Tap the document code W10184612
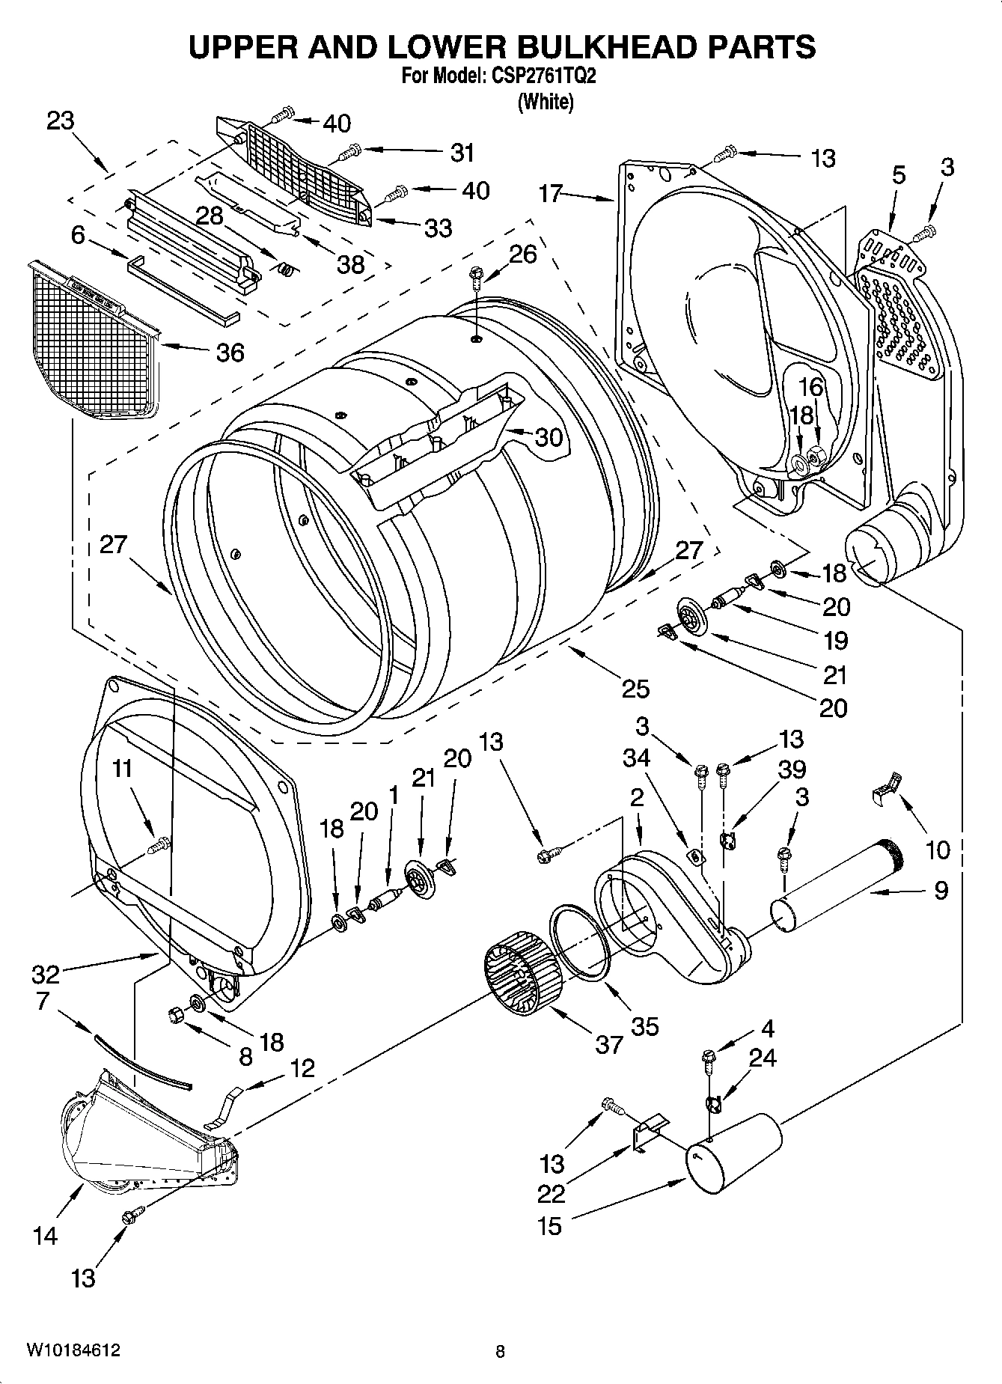click(73, 1350)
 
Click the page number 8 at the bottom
click(500, 1351)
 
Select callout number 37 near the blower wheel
click(609, 1043)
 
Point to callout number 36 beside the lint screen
click(230, 352)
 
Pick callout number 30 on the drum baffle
click(549, 437)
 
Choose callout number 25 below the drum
click(635, 688)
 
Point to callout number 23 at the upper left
click(61, 121)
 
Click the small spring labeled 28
click(284, 268)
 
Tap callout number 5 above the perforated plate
click(898, 175)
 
